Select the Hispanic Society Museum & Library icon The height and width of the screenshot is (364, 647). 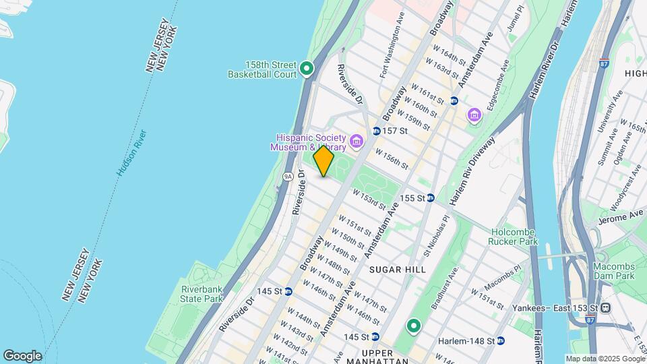pos(355,142)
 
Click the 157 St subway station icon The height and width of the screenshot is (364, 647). pos(376,130)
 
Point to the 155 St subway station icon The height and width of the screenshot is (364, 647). pos(430,198)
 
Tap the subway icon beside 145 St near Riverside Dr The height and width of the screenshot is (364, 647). pos(288,291)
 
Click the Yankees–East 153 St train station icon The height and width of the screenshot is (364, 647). pos(606,308)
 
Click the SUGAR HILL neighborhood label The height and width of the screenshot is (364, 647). pos(398,270)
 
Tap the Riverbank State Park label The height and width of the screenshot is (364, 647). pos(202,294)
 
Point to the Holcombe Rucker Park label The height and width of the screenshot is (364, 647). pos(514,236)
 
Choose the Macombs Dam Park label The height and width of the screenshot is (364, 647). pos(614,271)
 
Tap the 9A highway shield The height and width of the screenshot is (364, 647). pos(288,177)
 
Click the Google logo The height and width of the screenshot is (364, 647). pos(22,356)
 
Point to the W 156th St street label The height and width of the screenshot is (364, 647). pos(392,160)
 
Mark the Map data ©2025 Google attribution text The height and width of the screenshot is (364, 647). pos(605,359)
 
